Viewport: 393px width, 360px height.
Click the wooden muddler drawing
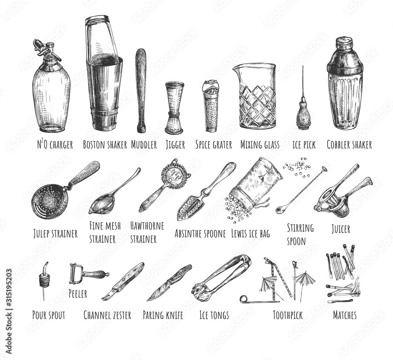pos(141,90)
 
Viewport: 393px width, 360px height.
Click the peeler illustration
pos(88,274)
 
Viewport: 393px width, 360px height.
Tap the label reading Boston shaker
pos(105,145)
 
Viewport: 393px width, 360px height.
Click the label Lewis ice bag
pos(250,233)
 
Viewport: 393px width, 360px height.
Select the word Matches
pos(345,315)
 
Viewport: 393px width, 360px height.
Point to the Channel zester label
pos(107,315)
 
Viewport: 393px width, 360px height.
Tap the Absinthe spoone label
pos(200,233)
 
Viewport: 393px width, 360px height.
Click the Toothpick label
pos(288,315)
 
